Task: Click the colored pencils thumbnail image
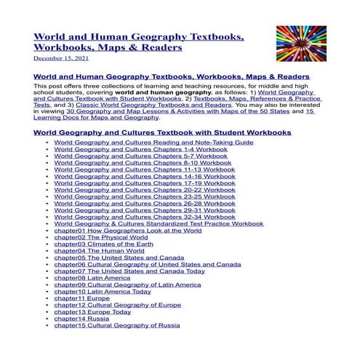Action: click(301, 44)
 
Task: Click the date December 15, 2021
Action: click(62, 58)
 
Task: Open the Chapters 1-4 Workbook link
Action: click(131, 151)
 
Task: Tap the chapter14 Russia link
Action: click(81, 318)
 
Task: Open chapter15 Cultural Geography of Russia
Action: click(116, 325)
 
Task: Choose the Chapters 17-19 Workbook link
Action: click(135, 183)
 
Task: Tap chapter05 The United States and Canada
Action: click(119, 257)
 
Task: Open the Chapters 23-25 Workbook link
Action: click(135, 196)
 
